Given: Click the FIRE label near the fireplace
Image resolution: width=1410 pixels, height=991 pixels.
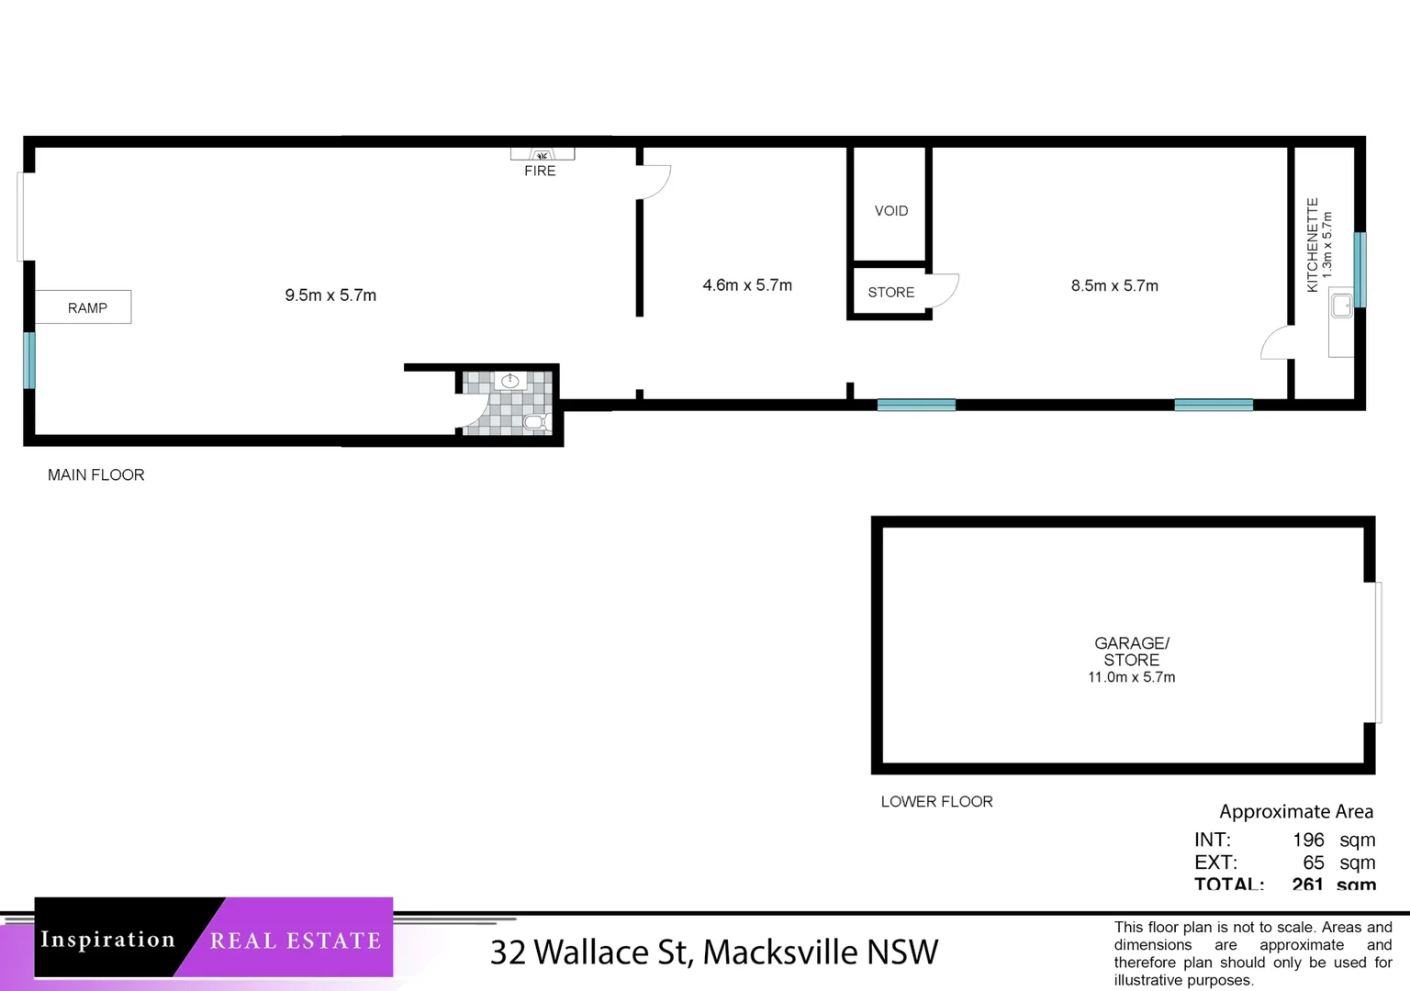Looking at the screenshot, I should pos(540,171).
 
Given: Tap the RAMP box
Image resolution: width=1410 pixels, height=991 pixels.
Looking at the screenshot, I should pos(86,307).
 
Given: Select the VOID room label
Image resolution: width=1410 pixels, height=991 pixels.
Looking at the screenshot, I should pos(890,211).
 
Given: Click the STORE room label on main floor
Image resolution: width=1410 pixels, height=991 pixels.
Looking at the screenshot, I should pos(890,292).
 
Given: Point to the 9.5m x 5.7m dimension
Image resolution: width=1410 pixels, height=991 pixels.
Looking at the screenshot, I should pos(330,295).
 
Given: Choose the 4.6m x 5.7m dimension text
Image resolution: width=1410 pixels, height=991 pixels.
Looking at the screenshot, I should pos(746,285).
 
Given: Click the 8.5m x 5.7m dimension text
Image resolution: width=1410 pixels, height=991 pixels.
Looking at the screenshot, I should pos(1113,285).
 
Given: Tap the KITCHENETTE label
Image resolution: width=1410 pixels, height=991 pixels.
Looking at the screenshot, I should pos(1313,245).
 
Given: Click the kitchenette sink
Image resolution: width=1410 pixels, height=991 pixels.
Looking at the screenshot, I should pos(1341,306).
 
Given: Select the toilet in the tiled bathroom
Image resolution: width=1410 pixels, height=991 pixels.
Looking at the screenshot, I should pos(535,422).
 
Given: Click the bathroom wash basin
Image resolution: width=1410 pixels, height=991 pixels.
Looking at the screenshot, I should pos(509,381).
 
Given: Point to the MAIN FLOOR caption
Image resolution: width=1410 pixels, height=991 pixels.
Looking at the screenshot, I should pos(95,474).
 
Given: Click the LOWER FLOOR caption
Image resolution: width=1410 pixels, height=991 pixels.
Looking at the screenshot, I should pos(936,801).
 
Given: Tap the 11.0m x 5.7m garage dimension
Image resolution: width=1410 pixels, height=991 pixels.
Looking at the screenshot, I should pos(1131,677).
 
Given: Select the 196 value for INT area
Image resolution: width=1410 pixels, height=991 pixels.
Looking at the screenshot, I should pos(1308,840).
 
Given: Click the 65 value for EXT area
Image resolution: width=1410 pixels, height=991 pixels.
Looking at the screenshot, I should pos(1313,863).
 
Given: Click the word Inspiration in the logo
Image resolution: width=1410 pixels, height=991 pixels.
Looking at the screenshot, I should pos(107,940).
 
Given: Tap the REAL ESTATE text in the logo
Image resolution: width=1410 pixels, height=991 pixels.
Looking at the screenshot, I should pos(295,941).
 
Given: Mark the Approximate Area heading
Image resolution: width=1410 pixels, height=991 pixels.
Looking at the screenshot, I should pos(1295,811).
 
